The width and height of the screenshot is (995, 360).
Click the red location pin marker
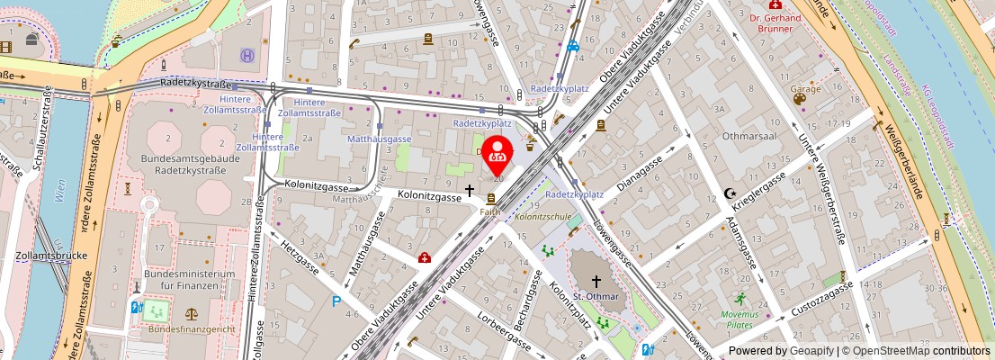tap(496, 154)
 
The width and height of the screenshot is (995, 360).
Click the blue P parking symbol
tap(336, 302)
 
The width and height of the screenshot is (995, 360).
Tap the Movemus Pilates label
tap(740, 319)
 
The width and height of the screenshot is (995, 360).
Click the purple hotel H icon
tap(246, 56)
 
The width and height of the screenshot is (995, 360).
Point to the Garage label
tap(805, 89)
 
